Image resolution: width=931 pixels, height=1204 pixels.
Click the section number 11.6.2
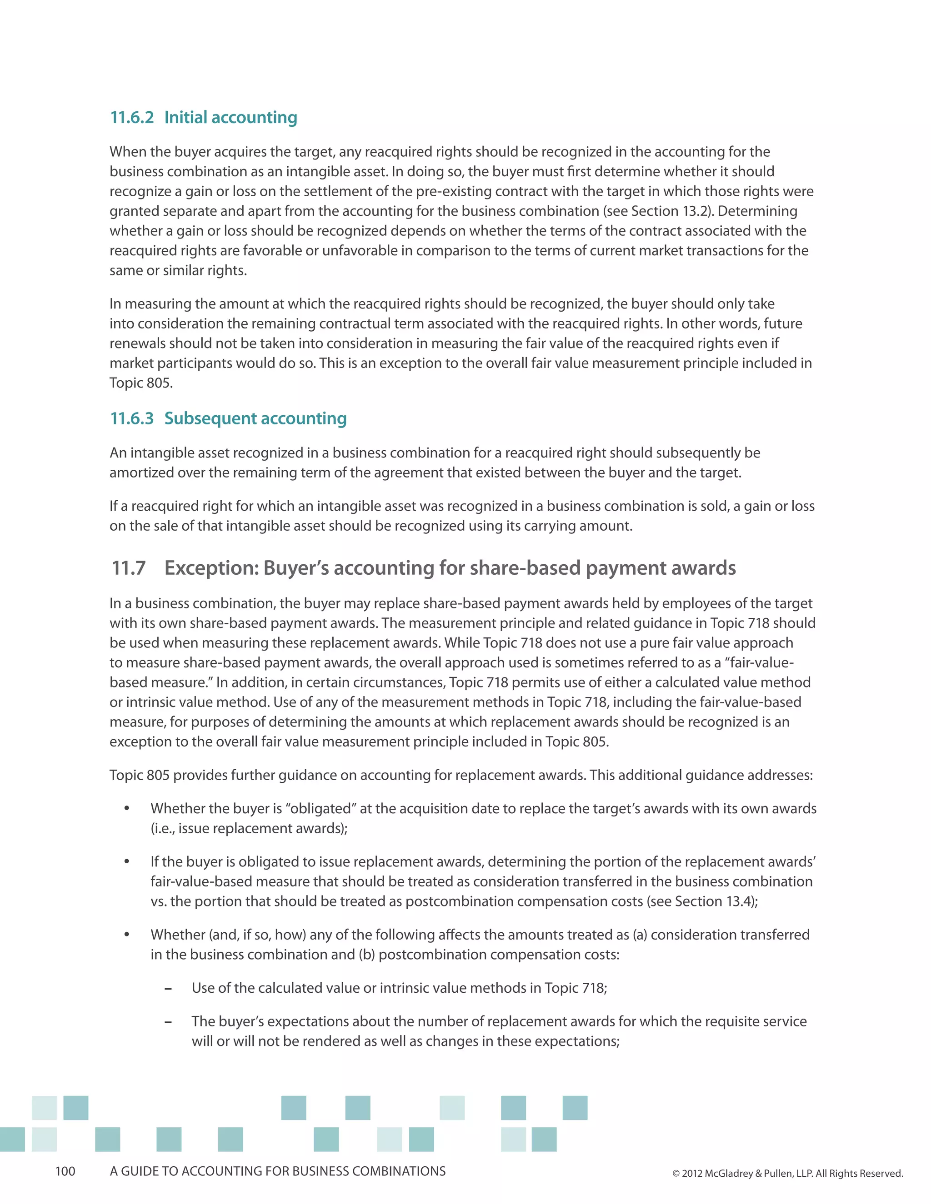click(x=132, y=117)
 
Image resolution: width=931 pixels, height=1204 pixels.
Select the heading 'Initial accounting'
click(x=230, y=117)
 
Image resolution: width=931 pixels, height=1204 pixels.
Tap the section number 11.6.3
click(x=132, y=418)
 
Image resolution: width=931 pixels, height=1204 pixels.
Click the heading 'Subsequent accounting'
click(x=255, y=418)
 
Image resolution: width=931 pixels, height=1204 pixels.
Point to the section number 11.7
click(x=129, y=568)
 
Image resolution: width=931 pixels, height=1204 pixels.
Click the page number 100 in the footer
click(x=65, y=1171)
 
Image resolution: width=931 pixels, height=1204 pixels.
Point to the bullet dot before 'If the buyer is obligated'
click(x=127, y=861)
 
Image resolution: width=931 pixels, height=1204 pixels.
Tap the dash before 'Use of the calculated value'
click(x=168, y=989)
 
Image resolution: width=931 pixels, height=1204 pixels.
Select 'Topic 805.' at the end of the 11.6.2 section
click(x=141, y=383)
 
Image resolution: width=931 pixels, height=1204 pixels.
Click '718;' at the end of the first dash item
click(x=594, y=988)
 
